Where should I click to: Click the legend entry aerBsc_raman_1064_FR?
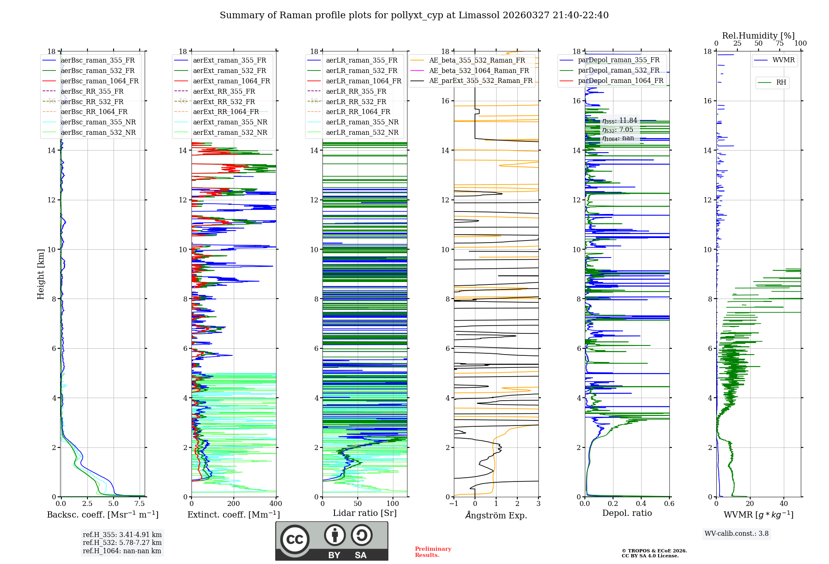[x=99, y=81]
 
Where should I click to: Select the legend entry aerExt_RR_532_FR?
[x=224, y=102]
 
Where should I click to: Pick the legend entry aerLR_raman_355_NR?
[x=362, y=122]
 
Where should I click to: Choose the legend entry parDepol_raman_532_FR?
[x=618, y=70]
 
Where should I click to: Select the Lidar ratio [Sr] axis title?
[x=365, y=513]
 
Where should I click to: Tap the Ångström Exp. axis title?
[x=496, y=515]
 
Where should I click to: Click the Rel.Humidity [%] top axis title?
[x=758, y=36]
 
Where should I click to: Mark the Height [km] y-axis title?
[x=41, y=274]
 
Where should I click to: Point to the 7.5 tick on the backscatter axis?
[x=140, y=504]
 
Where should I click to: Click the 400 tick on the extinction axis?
[x=276, y=504]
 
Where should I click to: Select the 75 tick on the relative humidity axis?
[x=780, y=43]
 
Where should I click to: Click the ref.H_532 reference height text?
[x=122, y=542]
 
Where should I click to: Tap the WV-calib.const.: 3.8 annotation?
[x=737, y=534]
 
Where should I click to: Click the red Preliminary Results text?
[x=433, y=552]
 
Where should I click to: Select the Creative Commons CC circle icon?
[x=295, y=540]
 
